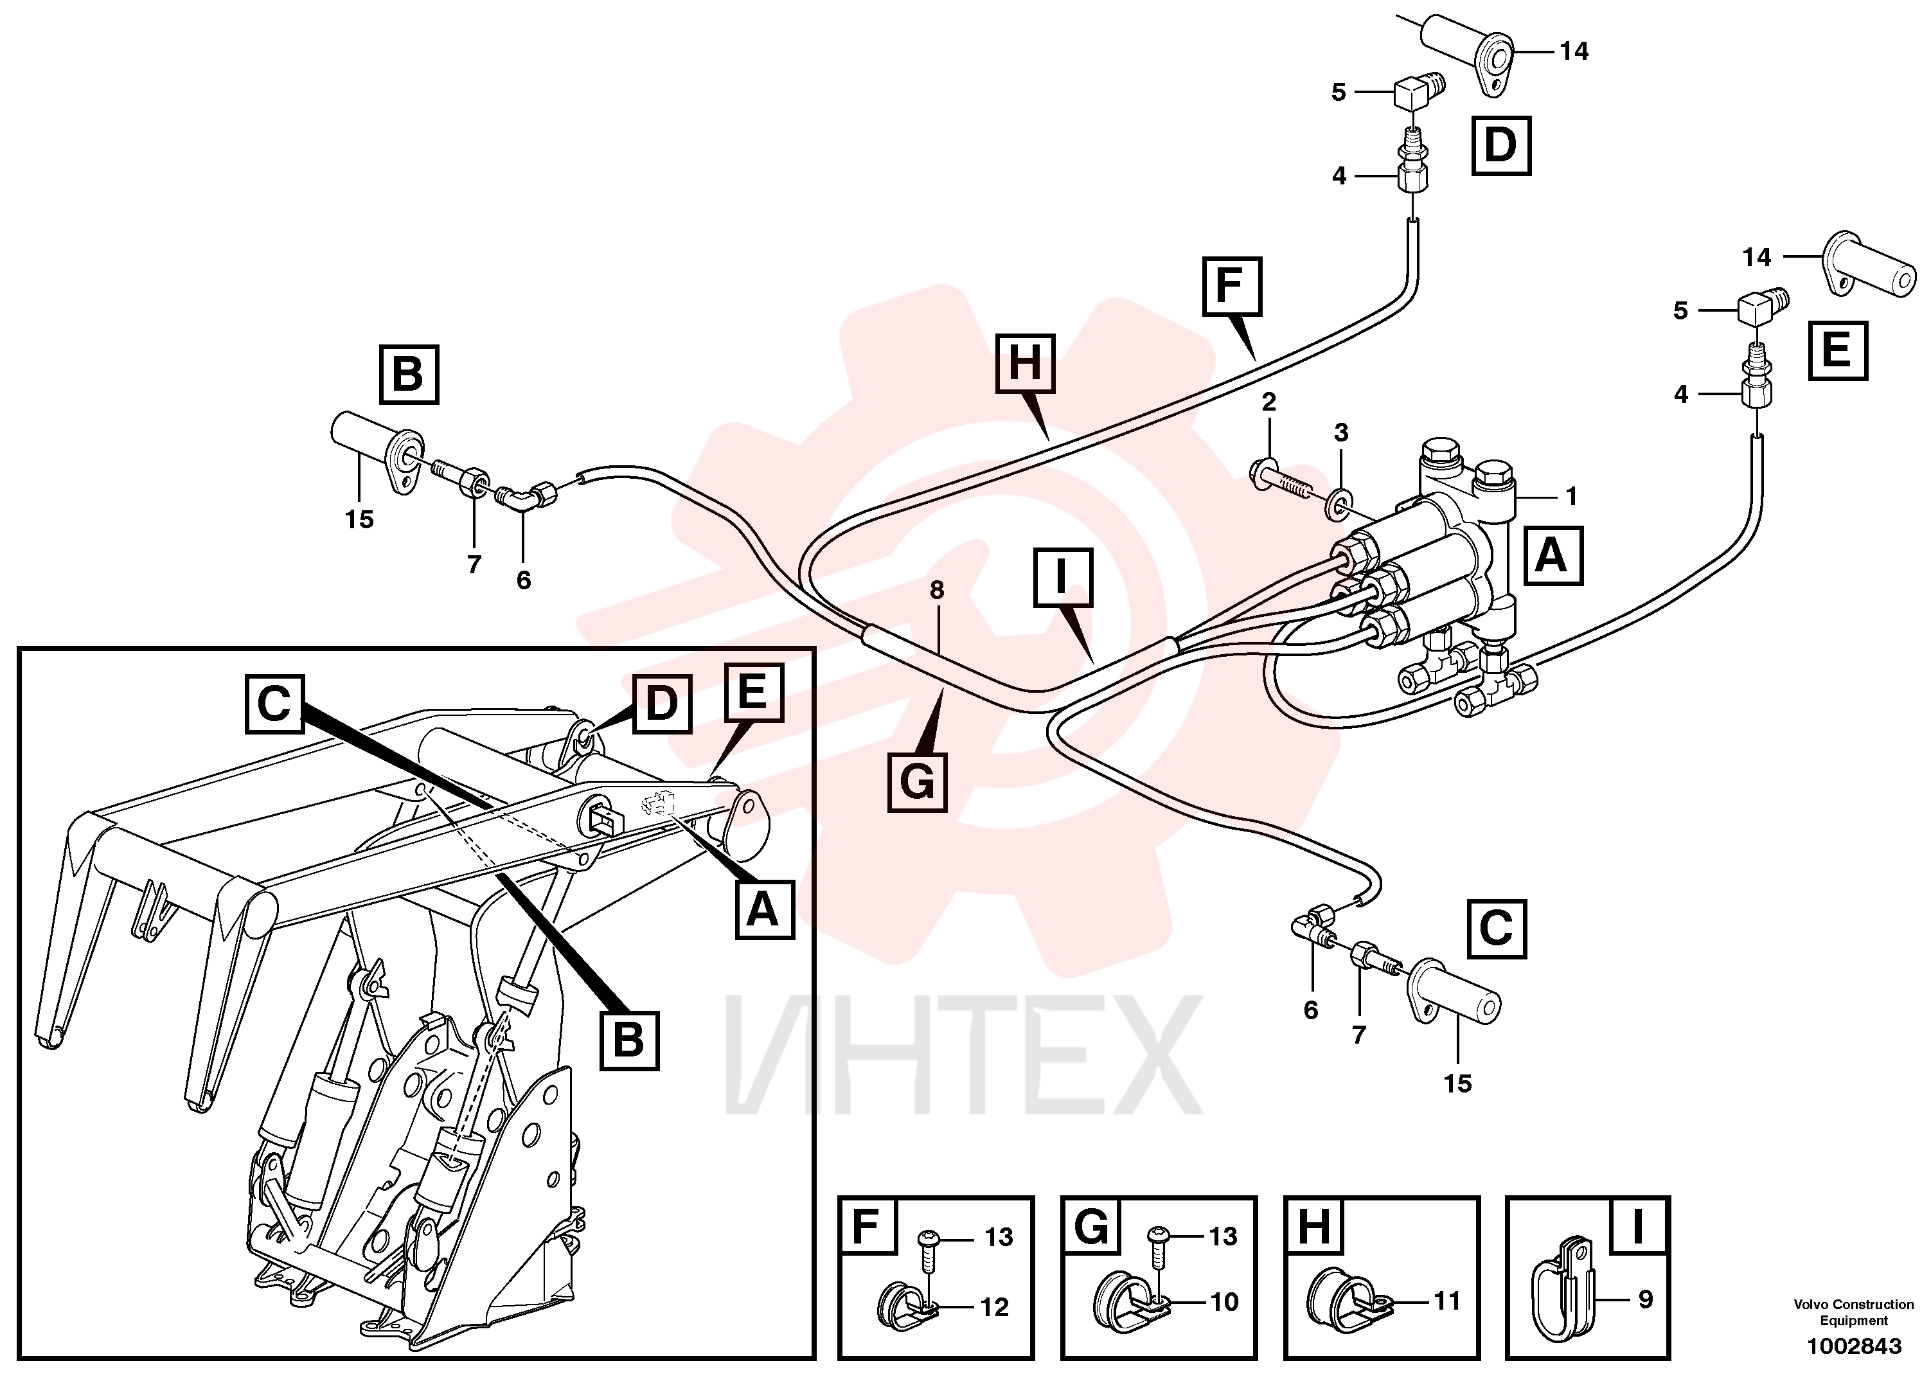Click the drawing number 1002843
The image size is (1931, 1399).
[x=1853, y=1346]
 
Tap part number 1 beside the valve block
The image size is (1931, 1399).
[x=1572, y=495]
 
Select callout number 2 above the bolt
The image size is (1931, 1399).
[x=1268, y=402]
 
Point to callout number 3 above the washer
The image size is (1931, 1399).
[x=1341, y=432]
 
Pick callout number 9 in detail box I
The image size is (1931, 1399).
[x=1646, y=1299]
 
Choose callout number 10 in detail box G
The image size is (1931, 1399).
[x=1224, y=1301]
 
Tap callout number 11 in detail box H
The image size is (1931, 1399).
[x=1447, y=1300]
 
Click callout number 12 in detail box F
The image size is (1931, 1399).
[x=995, y=1306]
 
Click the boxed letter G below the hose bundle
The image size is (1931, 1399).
[x=917, y=781]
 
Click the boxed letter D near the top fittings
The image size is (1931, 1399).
[x=1501, y=146]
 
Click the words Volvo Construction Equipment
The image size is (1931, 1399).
[x=1853, y=1312]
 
